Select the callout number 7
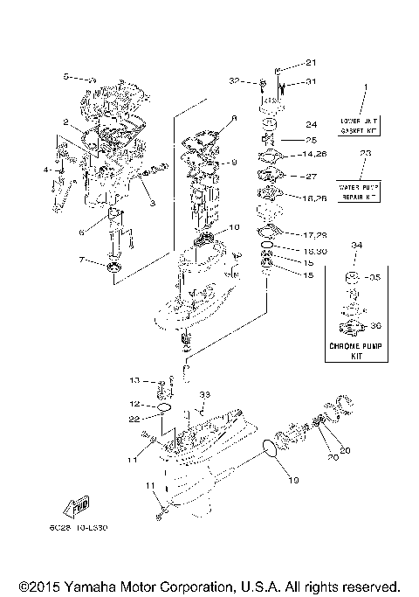coord(82,260)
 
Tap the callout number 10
coord(234,227)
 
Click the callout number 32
coord(259,81)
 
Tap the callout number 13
coord(136,381)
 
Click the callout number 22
coord(136,420)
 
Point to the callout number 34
coord(355,246)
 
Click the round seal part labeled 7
coord(113,266)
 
